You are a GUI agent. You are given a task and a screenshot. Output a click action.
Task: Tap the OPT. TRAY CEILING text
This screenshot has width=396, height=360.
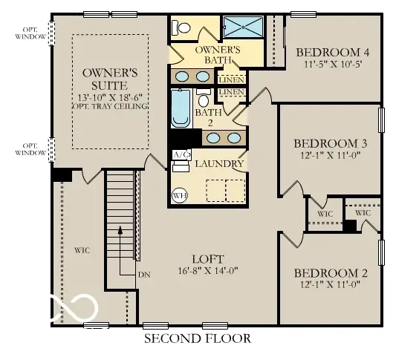point(110,105)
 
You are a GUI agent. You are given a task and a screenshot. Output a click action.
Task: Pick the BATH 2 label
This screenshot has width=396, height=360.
point(204,117)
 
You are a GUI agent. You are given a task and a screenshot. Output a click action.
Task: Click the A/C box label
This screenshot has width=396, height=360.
point(179,154)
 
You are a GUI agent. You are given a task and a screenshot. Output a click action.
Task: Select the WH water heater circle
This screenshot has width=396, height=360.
point(179,195)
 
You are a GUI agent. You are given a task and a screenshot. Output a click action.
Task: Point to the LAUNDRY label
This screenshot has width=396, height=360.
point(221,163)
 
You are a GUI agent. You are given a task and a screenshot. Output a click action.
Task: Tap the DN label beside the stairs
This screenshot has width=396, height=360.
point(144,274)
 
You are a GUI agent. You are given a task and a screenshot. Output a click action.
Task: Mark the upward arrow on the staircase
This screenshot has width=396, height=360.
point(120,238)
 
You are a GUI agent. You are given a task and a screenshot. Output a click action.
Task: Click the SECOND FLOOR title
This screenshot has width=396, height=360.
point(197,338)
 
